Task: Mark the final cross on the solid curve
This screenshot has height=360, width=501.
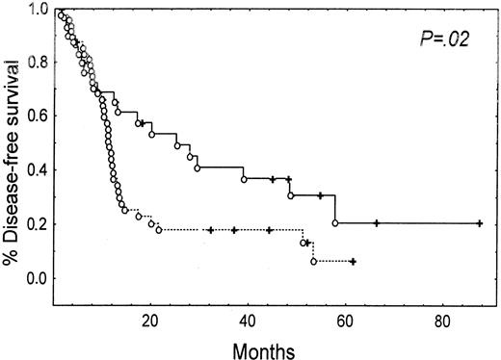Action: point(479,223)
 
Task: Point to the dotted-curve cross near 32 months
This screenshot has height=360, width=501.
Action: point(210,230)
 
